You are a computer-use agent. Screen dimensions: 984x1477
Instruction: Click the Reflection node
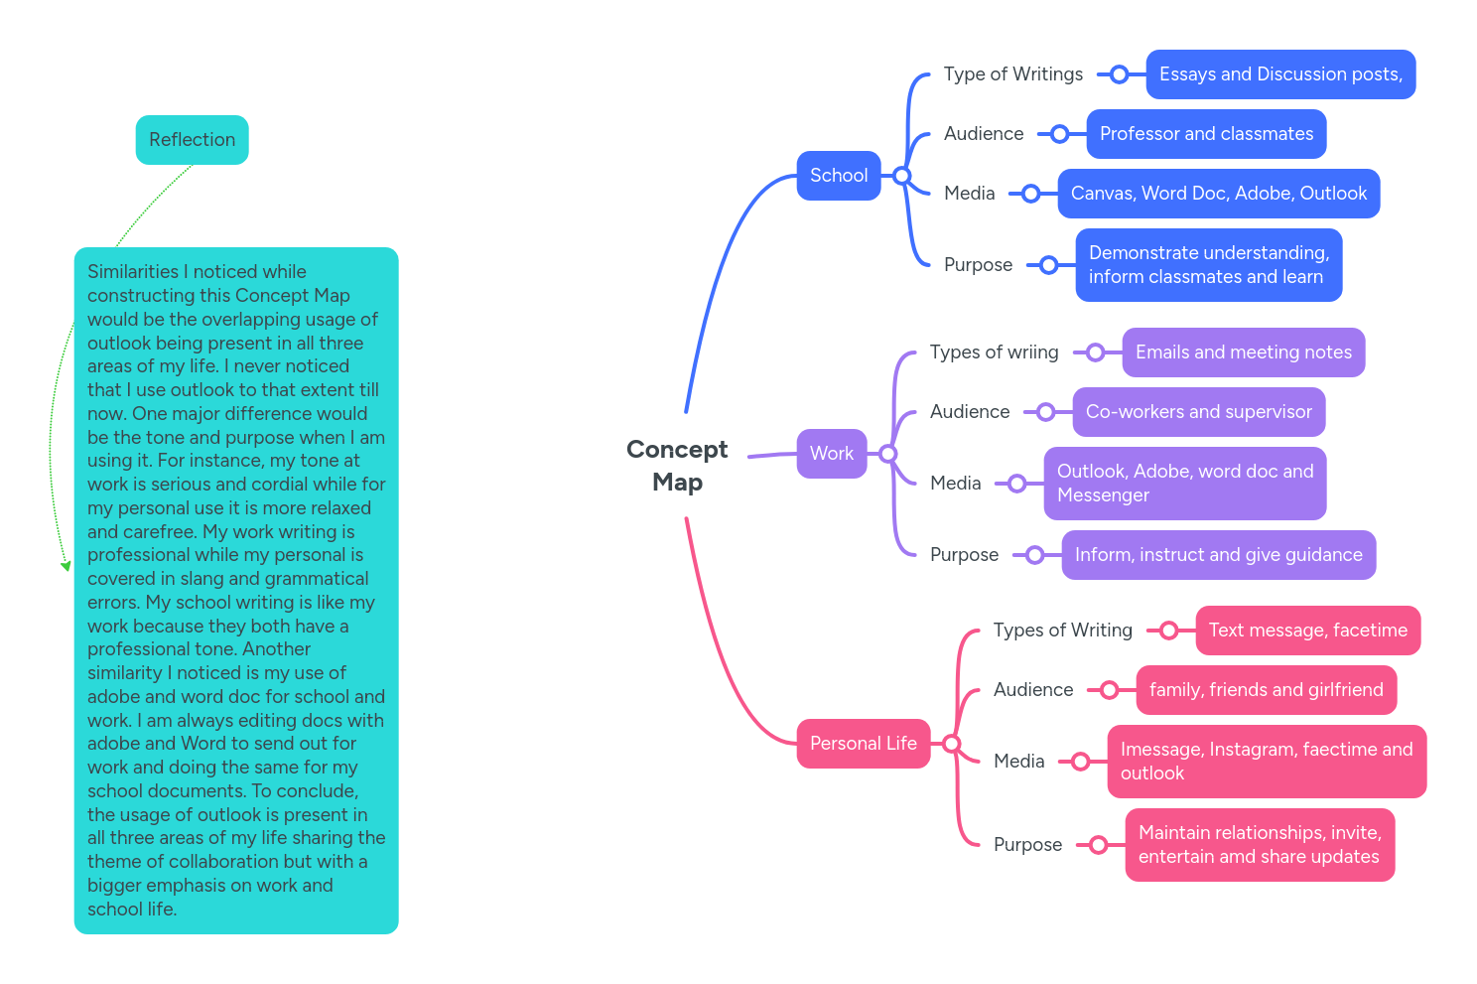(x=192, y=140)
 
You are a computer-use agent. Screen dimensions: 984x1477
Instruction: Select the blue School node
(x=838, y=176)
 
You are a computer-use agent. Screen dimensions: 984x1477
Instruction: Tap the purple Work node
(x=831, y=454)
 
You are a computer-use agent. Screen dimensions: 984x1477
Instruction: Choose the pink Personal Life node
(x=863, y=744)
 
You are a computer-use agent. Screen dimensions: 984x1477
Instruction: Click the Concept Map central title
(x=677, y=466)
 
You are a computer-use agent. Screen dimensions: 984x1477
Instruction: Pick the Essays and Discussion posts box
(x=1279, y=74)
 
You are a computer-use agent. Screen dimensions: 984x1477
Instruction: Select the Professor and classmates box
(x=1205, y=134)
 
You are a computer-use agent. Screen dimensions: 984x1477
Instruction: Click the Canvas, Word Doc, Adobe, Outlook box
(x=1218, y=194)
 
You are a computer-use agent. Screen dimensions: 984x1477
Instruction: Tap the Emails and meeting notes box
(x=1243, y=352)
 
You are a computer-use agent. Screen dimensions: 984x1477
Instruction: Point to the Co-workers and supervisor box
(x=1198, y=412)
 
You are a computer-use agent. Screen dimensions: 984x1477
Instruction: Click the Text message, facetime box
(x=1307, y=631)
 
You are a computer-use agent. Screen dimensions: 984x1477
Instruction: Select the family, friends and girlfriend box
(x=1266, y=690)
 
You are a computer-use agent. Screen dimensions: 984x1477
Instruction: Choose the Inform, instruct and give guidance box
(x=1218, y=555)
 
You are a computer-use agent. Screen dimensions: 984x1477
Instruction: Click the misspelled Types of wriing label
(x=994, y=352)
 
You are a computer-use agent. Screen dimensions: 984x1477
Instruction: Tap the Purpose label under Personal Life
(x=1027, y=845)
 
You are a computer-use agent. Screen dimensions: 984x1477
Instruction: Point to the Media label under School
(x=969, y=194)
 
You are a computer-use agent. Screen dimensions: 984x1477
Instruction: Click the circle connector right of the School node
(x=901, y=176)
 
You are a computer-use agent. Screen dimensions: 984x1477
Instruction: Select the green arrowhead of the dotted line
(x=66, y=566)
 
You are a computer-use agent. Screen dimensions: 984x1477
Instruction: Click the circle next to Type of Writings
(x=1119, y=74)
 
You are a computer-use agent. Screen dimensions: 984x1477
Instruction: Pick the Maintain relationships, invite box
(x=1259, y=845)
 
